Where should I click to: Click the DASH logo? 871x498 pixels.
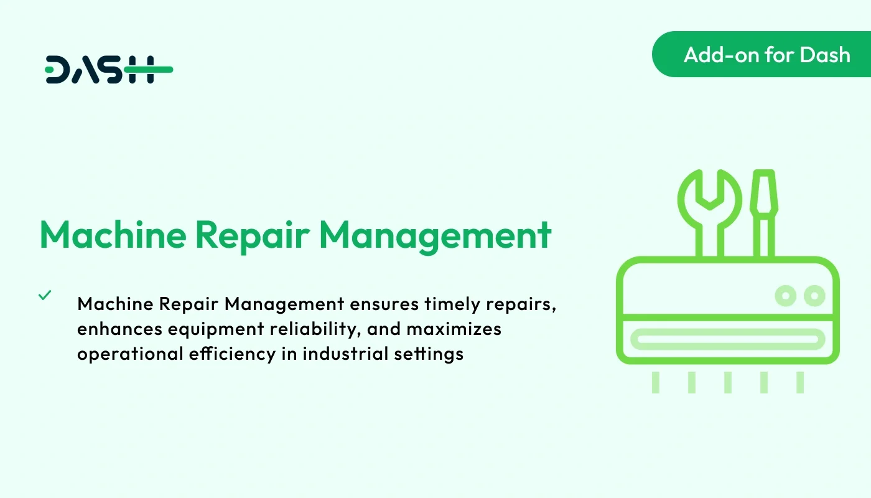[x=109, y=70]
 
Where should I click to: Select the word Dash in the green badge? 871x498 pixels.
[x=825, y=55]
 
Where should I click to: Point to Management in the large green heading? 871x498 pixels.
[x=435, y=235]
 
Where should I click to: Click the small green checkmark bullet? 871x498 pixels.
[x=45, y=295]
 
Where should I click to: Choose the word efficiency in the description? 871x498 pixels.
[x=231, y=354]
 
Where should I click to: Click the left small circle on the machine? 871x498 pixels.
[x=786, y=296]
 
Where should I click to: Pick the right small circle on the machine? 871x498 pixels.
[x=814, y=296]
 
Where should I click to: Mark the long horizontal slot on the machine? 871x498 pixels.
[x=727, y=339]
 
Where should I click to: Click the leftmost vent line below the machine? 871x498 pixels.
[x=656, y=382]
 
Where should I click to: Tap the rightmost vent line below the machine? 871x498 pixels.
[x=800, y=382]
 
